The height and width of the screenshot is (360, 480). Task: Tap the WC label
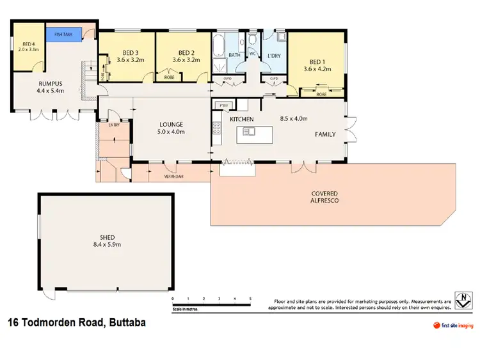click(x=253, y=53)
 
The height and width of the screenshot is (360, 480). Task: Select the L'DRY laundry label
click(x=274, y=56)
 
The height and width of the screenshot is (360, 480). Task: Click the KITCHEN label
click(x=242, y=120)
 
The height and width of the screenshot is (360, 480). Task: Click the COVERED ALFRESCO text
click(x=324, y=196)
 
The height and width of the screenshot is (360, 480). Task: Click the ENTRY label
click(x=115, y=125)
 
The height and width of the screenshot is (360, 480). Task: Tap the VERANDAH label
click(x=173, y=176)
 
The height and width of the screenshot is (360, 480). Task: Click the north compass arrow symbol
click(x=465, y=299)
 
